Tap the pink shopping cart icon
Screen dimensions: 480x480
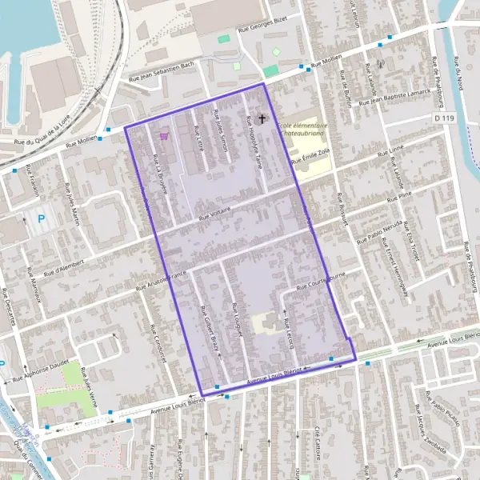(164, 136)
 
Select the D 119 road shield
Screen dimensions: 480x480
(444, 118)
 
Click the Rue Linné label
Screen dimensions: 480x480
(390, 150)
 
